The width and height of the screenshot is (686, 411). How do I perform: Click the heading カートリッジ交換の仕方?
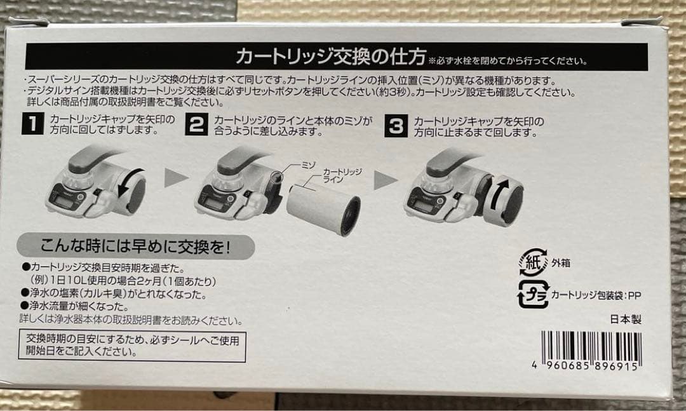[x=330, y=57]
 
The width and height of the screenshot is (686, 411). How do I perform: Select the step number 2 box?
[x=197, y=125]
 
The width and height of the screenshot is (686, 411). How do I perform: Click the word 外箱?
[x=561, y=262]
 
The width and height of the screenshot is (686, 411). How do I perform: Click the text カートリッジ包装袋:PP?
[x=598, y=295]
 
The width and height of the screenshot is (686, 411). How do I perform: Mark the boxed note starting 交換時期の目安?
[x=132, y=346]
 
